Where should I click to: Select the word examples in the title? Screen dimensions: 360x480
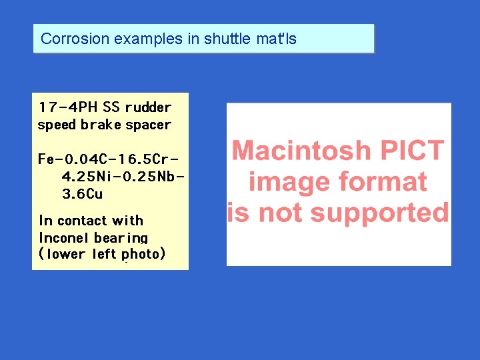(x=149, y=39)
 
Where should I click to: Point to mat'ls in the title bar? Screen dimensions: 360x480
(x=277, y=39)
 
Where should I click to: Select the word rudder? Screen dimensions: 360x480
(x=148, y=107)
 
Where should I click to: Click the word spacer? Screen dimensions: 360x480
(x=148, y=125)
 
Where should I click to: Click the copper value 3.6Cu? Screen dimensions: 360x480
(x=82, y=194)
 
